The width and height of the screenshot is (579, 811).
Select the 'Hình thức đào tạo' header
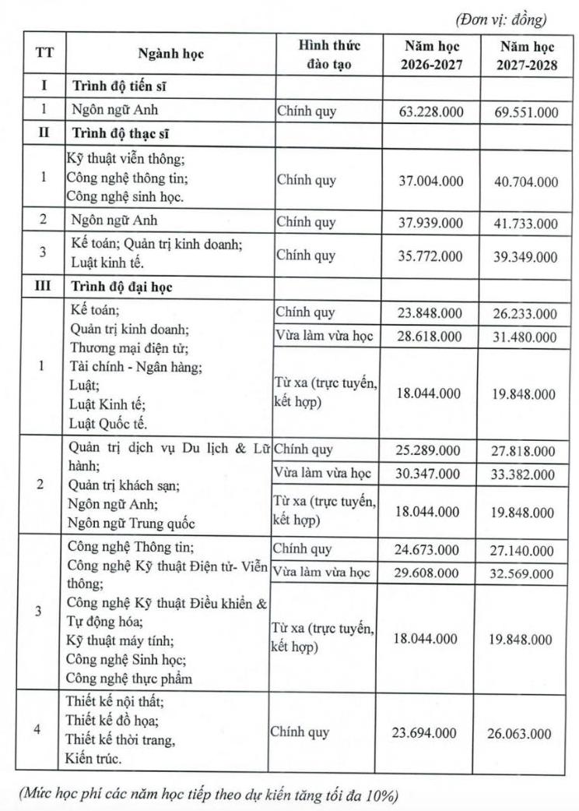[x=329, y=55]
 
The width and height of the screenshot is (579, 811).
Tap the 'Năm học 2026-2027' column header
[x=431, y=55]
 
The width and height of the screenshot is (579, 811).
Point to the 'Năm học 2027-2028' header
[x=527, y=55]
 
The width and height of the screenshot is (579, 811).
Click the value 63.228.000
[x=430, y=112]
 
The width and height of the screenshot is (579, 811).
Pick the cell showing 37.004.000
[x=430, y=181]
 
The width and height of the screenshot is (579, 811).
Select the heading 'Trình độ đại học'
[x=122, y=286]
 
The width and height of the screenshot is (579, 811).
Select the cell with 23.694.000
[x=430, y=733]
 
